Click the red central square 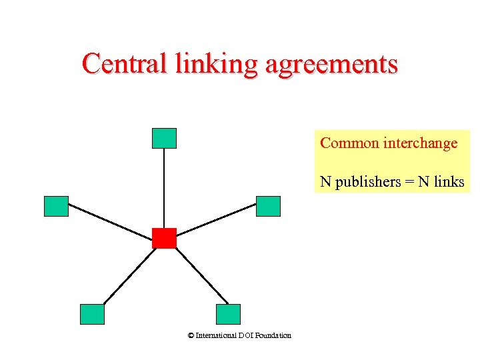click(164, 238)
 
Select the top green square click(164, 138)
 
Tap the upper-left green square click(56, 207)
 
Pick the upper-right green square click(269, 207)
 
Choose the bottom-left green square click(92, 314)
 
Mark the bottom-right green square click(228, 314)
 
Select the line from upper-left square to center click(110, 221)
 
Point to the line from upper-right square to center click(217, 221)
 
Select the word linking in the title click(216, 65)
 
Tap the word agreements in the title click(331, 65)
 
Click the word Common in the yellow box click(349, 143)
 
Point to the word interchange click(421, 143)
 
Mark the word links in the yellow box click(447, 181)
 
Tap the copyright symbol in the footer click(191, 335)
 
